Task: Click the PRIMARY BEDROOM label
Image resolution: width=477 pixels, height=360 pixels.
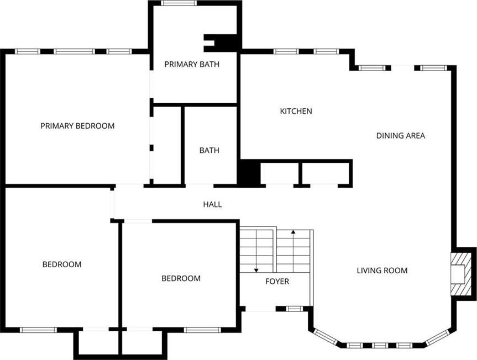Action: point(77,126)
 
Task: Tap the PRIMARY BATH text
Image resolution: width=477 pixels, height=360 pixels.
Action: point(192,64)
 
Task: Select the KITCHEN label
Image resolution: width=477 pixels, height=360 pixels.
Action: point(296,111)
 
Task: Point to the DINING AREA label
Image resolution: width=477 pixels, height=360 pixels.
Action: point(401,135)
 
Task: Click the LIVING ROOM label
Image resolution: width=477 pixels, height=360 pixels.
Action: point(382,271)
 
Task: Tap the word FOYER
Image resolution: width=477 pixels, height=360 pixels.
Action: point(277,281)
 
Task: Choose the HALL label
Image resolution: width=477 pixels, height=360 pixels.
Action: point(212,204)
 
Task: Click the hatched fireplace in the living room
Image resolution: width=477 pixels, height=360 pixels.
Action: point(458,274)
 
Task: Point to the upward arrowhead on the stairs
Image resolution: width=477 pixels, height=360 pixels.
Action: point(293,232)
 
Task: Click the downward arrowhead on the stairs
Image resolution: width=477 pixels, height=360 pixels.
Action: point(256,270)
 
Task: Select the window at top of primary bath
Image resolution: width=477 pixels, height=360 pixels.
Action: point(179,3)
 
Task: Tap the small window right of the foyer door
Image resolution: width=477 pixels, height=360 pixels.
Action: point(295,309)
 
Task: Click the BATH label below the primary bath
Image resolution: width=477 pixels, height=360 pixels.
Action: point(209,150)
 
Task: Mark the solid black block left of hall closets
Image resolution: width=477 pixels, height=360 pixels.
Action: point(249,173)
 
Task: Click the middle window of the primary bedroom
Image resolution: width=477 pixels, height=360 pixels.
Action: point(74,51)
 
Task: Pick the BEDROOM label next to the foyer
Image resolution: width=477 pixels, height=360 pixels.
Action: point(181,278)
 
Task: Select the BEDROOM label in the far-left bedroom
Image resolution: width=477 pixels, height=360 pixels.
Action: point(62,264)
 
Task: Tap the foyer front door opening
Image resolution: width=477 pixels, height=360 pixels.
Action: point(260,309)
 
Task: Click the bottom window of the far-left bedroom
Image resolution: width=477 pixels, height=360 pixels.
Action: point(39,330)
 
